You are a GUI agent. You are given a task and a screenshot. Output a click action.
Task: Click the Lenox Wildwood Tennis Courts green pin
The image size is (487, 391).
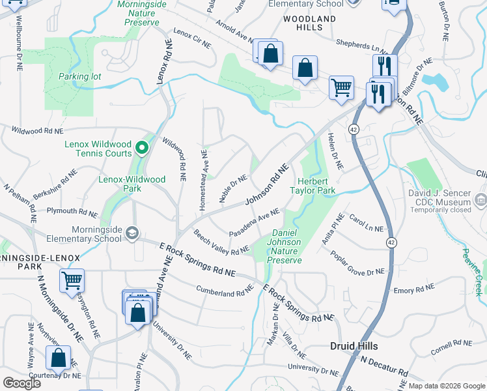click(140, 148)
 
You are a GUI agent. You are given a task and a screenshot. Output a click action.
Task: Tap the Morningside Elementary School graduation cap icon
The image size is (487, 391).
click(133, 233)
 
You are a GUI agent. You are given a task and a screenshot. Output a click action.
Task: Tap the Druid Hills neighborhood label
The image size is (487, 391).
click(354, 346)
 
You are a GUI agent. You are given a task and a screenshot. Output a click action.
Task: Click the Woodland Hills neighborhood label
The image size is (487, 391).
click(310, 23)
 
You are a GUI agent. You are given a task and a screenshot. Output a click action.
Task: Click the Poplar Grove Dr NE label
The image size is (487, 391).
click(357, 263)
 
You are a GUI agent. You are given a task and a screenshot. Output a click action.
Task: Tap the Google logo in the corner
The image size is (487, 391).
click(21, 383)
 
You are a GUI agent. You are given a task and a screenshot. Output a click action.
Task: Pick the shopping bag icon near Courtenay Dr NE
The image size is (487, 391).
click(59, 357)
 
